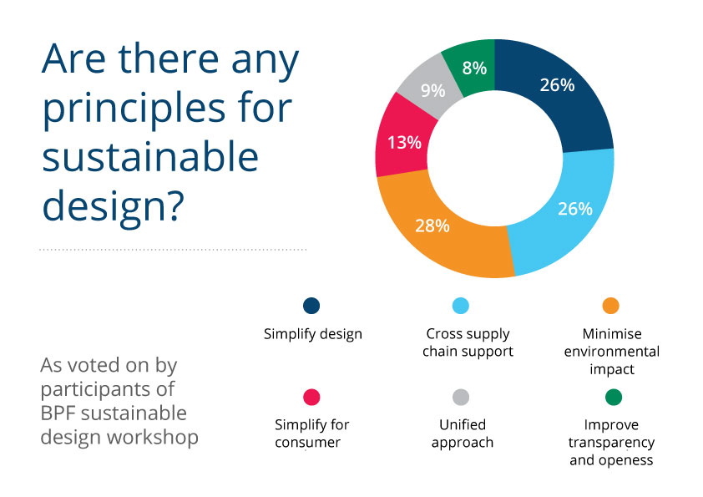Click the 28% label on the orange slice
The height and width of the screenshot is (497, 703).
pos(433,226)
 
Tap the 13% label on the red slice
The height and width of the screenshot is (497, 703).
pos(403,142)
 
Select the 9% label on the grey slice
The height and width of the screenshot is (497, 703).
pos(432,89)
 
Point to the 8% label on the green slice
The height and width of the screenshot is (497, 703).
pos(474,68)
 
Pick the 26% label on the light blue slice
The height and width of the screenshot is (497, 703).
pos(575,208)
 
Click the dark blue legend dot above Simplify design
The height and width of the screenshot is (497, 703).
pos(312,306)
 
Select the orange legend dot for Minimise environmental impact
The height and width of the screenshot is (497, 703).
pos(611,306)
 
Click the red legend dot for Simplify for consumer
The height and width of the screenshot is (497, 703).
pos(312,397)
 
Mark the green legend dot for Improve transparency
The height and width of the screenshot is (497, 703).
pos(611,397)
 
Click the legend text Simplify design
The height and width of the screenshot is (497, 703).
pos(312,334)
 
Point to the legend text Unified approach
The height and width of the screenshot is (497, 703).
pos(462,433)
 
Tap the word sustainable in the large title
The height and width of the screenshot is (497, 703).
pos(150,156)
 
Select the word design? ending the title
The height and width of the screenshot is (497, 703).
pos(113,203)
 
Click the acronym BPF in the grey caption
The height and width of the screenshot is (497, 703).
pos(59,413)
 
